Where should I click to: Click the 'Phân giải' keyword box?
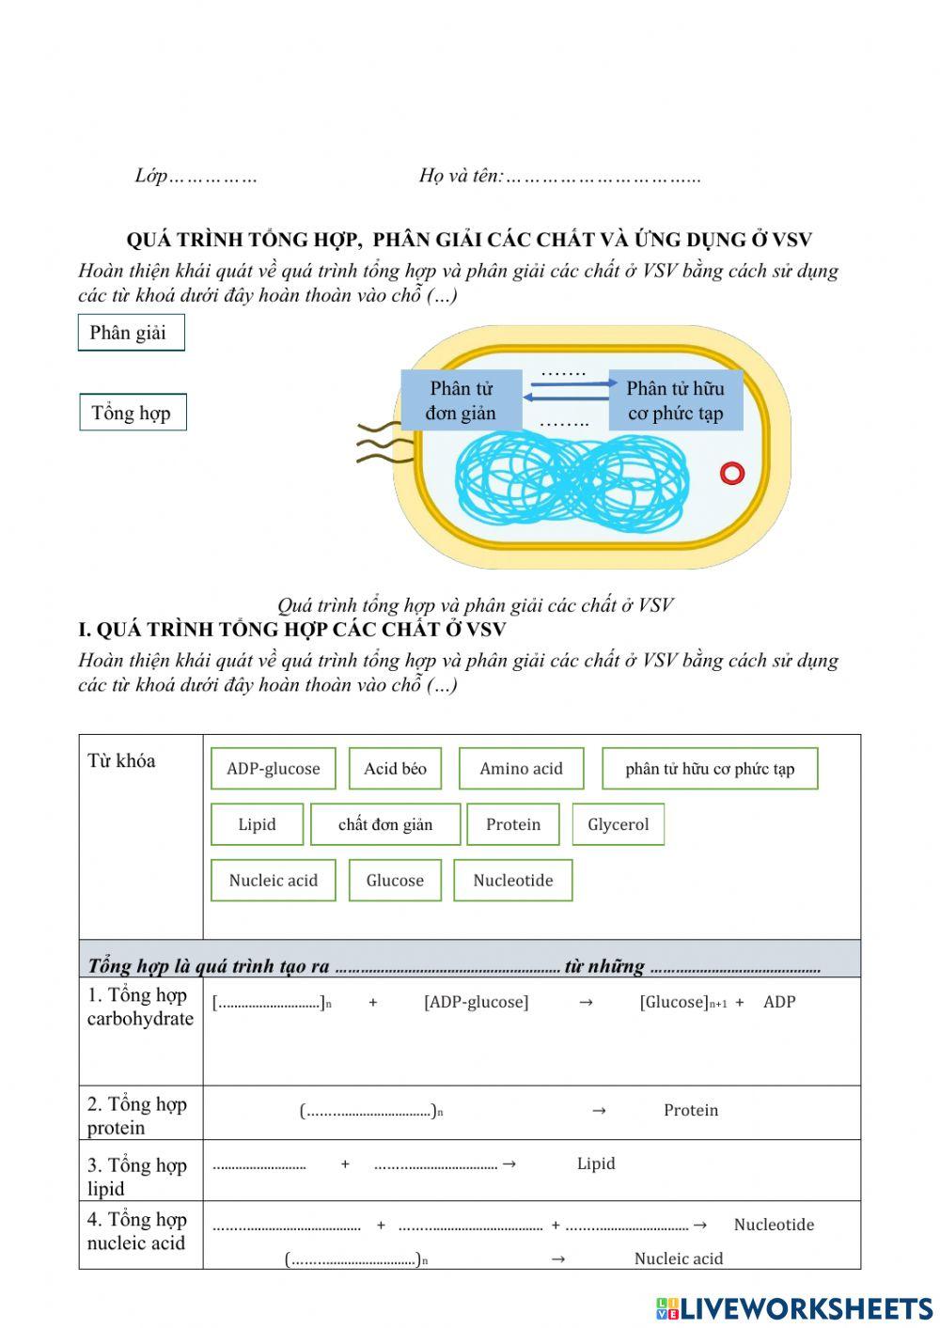tap(131, 333)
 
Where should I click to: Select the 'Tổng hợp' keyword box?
tap(133, 413)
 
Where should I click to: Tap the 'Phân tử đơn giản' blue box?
tap(460, 400)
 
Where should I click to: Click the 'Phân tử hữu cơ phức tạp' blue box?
tap(675, 400)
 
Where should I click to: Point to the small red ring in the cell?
tap(732, 473)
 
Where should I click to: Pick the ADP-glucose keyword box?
tap(273, 769)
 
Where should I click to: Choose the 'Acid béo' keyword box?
tap(395, 769)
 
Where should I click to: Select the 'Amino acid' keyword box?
tap(521, 769)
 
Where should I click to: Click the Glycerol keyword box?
tap(618, 824)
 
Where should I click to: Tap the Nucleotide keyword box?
tap(512, 881)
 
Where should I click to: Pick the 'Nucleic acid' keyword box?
tap(273, 881)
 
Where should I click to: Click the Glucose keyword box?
tap(395, 881)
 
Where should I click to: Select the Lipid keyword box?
tap(257, 824)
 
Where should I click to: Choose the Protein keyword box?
tap(512, 824)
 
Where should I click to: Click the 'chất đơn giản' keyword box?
tap(385, 824)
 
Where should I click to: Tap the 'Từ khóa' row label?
tap(121, 760)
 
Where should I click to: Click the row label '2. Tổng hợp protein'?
tap(137, 1116)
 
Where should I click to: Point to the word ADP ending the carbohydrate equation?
tap(779, 1002)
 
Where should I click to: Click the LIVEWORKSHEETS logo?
tap(794, 1308)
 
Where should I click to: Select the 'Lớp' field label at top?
tap(150, 176)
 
